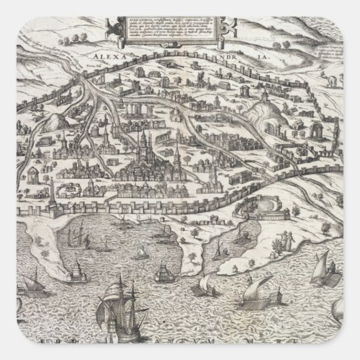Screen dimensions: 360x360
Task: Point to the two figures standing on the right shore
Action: pos(289,238)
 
